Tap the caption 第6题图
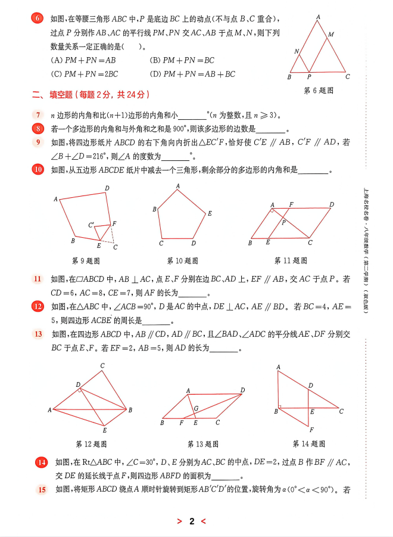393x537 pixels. click(319, 91)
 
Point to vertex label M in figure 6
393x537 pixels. click(331, 35)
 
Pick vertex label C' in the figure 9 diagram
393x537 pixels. click(91, 225)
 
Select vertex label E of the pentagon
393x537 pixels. click(210, 213)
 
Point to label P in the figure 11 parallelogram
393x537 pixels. click(285, 222)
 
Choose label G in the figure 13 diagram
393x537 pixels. click(196, 408)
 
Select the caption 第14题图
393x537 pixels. click(308, 443)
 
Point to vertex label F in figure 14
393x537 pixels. click(311, 429)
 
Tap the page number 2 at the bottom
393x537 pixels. click(192, 522)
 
